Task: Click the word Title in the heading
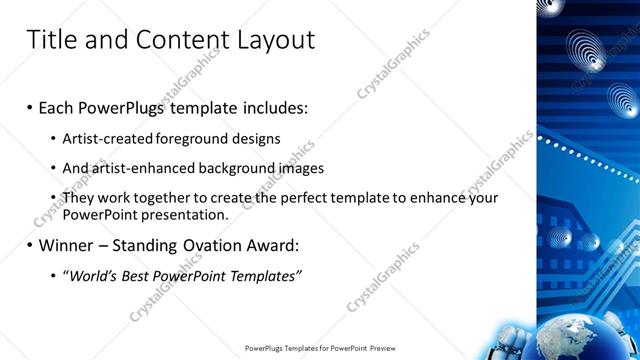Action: pos(50,40)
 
